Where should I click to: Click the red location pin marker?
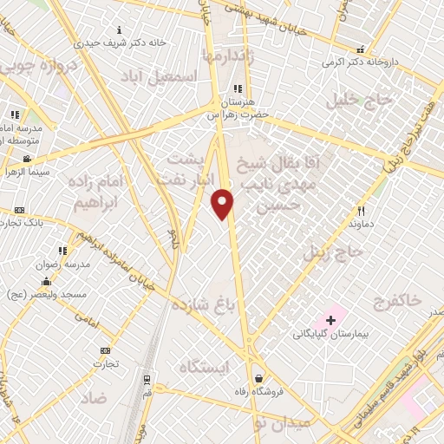click(x=223, y=203)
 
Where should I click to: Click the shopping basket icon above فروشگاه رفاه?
click(x=260, y=378)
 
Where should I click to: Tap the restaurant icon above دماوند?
click(x=362, y=211)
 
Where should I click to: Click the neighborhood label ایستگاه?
click(x=203, y=368)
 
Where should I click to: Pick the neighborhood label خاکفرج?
click(x=396, y=301)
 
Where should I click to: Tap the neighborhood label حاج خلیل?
click(x=359, y=101)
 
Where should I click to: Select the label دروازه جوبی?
click(x=30, y=66)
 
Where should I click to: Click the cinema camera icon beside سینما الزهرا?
click(x=28, y=159)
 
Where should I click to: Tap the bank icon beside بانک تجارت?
click(x=19, y=210)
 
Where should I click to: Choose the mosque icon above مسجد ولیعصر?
click(x=45, y=282)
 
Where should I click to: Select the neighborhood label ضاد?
click(x=95, y=398)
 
